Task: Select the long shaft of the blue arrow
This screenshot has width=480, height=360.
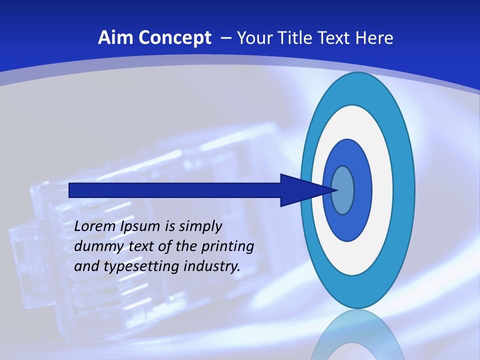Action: coord(175,190)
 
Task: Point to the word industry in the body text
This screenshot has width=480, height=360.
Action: coord(212,266)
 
